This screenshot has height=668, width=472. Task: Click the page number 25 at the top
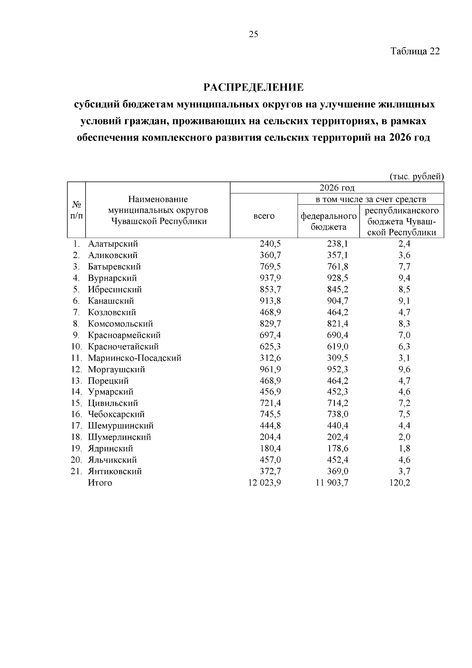coord(254,34)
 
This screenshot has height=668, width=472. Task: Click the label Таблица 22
coord(415,51)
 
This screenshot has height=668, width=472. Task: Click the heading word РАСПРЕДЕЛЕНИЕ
coord(253,87)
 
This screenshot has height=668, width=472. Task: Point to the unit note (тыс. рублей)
coord(417,176)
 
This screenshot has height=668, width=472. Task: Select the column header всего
coord(264,216)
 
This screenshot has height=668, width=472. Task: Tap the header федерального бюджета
coord(328,221)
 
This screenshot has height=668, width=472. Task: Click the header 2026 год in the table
coord(337,187)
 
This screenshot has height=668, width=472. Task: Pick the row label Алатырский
coord(113,244)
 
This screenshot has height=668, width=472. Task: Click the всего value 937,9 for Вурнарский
coord(270,278)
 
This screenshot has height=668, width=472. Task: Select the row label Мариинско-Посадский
coord(135,358)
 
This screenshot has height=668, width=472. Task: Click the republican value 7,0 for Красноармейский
coord(404,335)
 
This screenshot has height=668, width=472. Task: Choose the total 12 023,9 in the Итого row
coord(264,483)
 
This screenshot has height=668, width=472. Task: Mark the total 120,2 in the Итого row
coord(400,483)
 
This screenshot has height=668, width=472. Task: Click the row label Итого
coord(100,483)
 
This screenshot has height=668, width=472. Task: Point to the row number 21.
coord(76,472)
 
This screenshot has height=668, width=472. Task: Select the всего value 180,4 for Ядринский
coord(270,449)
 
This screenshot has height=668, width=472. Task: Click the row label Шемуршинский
coord(120,426)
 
